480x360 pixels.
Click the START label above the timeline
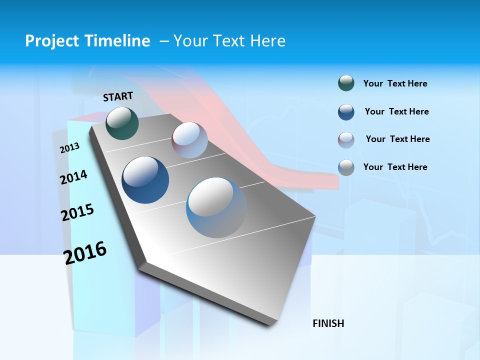point(118,96)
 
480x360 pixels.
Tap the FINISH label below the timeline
point(328,323)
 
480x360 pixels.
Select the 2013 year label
point(69,148)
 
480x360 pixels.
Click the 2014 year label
point(73,177)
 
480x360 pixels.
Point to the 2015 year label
point(77,212)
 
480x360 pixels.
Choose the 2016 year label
point(85,252)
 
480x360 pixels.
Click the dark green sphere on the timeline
point(122,123)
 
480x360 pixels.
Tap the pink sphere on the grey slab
point(189,140)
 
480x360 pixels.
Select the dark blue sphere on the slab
point(145,180)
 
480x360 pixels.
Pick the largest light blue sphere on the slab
point(216,207)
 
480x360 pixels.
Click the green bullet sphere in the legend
point(346,83)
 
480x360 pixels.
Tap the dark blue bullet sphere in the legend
point(346,112)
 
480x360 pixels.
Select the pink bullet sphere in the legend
point(346,140)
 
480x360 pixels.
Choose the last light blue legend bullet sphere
point(346,167)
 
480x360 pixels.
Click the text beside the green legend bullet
point(395,83)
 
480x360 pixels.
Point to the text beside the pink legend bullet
point(397,139)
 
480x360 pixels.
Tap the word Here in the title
point(267,41)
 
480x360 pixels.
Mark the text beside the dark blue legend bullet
point(396,111)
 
